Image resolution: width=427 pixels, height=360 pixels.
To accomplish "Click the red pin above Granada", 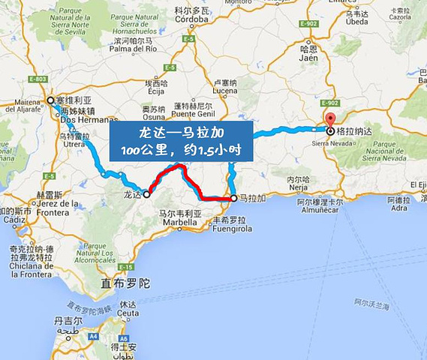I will click(329, 121).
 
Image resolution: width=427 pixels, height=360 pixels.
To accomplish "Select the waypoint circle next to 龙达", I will click(146, 193).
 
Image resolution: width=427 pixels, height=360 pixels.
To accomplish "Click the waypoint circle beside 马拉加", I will click(233, 199).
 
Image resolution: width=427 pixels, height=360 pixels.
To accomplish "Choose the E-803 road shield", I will click(38, 79).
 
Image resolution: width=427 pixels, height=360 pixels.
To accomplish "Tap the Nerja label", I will click(299, 188).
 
